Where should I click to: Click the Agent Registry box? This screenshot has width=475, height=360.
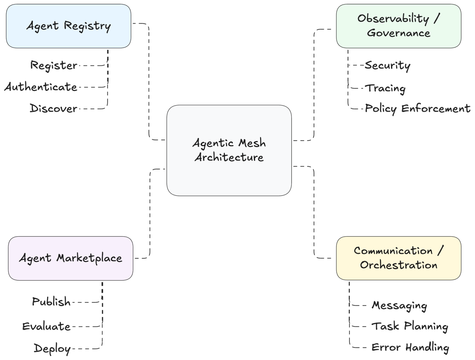click(68, 26)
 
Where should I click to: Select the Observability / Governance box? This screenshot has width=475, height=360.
click(398, 26)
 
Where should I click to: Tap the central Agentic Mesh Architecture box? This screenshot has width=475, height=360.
click(229, 150)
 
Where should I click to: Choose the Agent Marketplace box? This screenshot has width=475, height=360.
click(71, 259)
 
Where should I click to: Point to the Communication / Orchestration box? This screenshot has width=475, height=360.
click(398, 258)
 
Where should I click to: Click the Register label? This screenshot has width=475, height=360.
click(53, 66)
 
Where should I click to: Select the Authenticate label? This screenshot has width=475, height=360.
click(41, 87)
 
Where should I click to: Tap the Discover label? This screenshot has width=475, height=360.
click(53, 109)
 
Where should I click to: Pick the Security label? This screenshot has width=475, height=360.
click(387, 66)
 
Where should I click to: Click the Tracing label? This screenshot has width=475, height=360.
click(386, 88)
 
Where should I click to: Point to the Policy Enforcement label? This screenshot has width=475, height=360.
click(417, 109)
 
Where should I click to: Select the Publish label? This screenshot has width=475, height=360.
click(51, 302)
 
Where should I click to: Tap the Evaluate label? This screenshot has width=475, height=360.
click(46, 326)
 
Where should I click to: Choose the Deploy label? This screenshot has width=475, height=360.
click(52, 349)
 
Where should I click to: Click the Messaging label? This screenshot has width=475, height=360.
click(399, 306)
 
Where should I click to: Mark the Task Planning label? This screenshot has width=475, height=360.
click(409, 326)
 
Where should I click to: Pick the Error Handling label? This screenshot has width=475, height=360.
click(410, 348)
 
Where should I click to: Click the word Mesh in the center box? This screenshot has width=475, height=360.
click(252, 143)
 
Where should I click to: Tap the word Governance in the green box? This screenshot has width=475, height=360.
click(398, 33)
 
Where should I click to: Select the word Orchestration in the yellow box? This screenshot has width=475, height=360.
click(398, 265)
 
